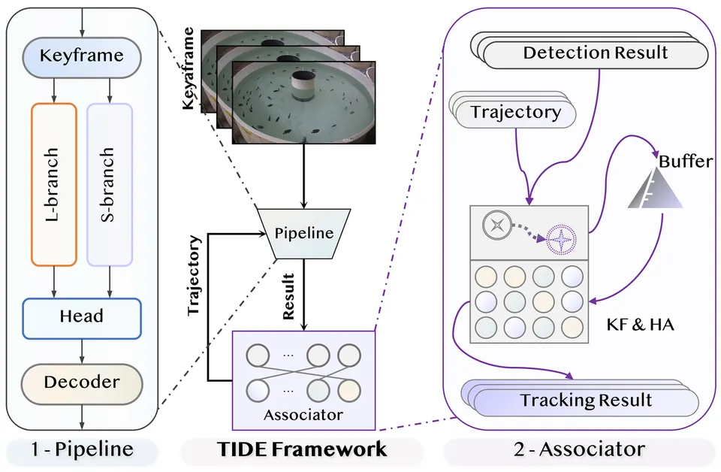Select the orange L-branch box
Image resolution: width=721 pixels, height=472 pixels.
coord(54,184)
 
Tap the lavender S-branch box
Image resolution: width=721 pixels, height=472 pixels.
coord(110,184)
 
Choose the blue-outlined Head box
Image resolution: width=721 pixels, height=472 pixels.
coord(82,319)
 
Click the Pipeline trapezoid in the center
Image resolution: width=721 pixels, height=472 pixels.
coord(303,234)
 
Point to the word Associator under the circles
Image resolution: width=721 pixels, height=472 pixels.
coord(303,415)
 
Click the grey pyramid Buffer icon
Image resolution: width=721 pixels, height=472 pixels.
coord(655,188)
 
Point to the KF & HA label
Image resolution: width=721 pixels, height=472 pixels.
coord(640,325)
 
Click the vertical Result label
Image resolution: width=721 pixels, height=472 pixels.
coord(288,297)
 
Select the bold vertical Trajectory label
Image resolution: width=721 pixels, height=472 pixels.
coord(194,276)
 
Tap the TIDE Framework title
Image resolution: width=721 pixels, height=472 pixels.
coord(302,449)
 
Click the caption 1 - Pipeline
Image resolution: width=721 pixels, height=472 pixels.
coord(82,449)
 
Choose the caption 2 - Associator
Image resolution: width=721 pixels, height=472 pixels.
coord(579,449)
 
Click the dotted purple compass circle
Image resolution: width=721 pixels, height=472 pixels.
coord(561,240)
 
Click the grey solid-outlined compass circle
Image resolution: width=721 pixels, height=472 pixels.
coord(497,225)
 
